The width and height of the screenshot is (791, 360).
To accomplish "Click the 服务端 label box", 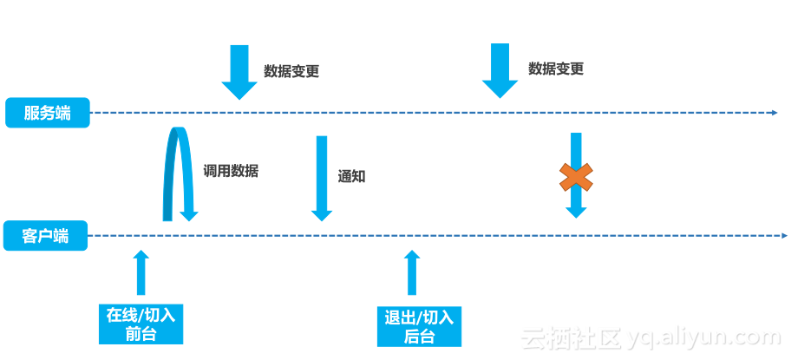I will click(x=48, y=113).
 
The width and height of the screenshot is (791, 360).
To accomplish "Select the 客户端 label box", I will click(x=46, y=236).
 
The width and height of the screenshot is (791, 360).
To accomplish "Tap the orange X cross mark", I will click(x=576, y=178).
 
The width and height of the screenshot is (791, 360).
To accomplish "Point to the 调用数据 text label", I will click(x=231, y=171).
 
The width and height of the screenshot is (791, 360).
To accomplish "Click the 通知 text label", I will click(x=351, y=176).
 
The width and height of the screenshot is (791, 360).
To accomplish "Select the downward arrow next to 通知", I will click(x=322, y=177).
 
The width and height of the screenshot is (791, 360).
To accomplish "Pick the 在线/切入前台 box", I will click(x=141, y=324).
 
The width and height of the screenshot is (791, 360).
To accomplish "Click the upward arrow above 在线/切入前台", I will click(x=141, y=272).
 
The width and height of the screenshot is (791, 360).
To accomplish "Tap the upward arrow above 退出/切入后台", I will click(x=412, y=272).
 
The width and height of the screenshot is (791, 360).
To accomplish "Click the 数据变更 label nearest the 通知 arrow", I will click(x=291, y=71).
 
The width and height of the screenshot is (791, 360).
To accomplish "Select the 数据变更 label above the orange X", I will click(x=556, y=69).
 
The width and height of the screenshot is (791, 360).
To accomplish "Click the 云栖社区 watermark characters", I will click(x=569, y=337).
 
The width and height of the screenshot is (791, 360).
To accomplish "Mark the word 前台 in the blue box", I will click(x=141, y=334).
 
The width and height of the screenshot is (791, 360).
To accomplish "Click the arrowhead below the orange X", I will click(x=576, y=212).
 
